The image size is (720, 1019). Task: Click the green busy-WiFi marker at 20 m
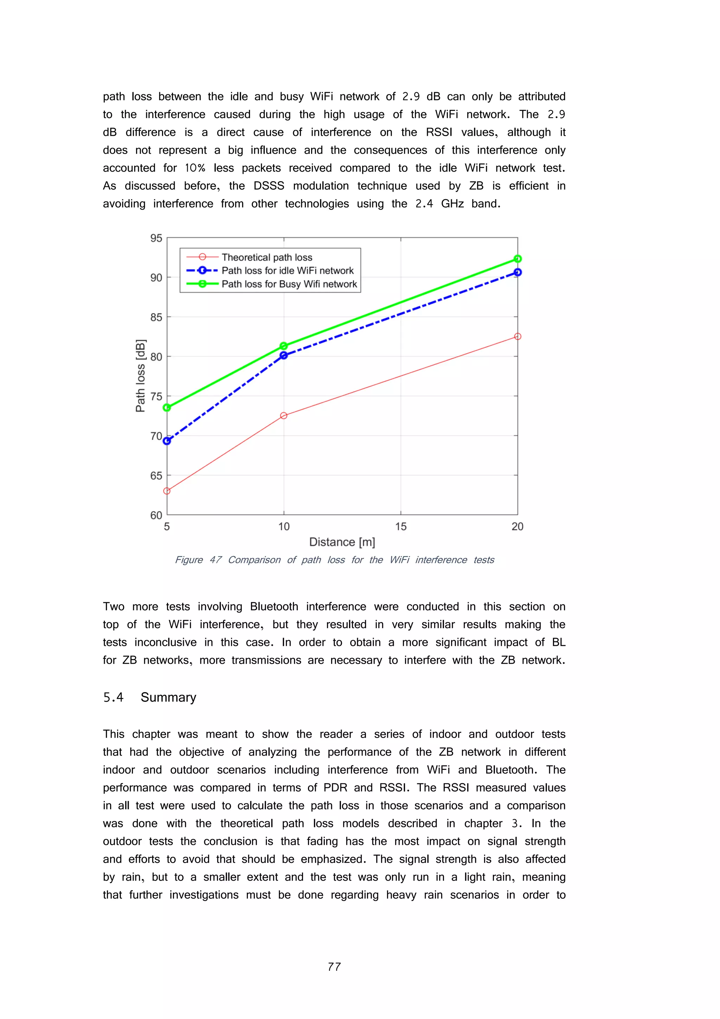(517, 259)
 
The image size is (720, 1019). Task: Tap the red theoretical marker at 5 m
(167, 491)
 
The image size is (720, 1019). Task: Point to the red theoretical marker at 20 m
(517, 336)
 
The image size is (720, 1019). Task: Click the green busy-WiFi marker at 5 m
(167, 407)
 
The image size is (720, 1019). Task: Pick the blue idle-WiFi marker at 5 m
(167, 441)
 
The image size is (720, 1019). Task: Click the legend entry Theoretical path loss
(266, 257)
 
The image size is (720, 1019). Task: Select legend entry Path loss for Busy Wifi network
(289, 284)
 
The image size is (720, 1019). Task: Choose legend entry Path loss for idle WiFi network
(288, 271)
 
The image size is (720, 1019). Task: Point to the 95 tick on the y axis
(156, 238)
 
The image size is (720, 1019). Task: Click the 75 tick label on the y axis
(156, 396)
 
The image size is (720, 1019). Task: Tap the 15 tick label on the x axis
(400, 527)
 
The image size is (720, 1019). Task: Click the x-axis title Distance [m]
(342, 542)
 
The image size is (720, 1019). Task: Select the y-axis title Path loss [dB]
(141, 375)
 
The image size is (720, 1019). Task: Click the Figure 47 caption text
(334, 560)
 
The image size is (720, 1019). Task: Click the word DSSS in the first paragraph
(269, 186)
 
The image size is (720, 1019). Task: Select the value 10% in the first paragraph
(195, 168)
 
